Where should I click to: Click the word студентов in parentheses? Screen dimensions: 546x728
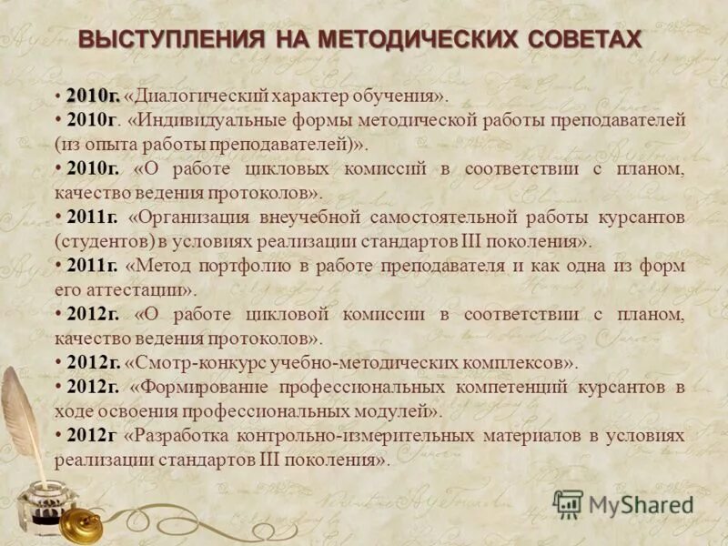click(x=101, y=242)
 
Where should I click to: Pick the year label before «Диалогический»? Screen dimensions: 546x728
click(x=92, y=96)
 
